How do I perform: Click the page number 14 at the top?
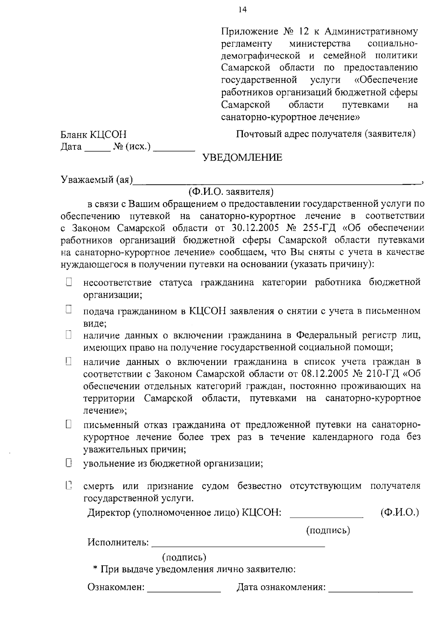coord(243,10)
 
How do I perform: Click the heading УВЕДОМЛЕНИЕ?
coord(242,158)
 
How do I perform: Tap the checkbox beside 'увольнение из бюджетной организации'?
coord(69,463)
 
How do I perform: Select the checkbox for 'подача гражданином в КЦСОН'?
coord(69,309)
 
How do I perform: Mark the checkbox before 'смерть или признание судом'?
coord(69,485)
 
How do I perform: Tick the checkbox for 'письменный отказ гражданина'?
coord(69,424)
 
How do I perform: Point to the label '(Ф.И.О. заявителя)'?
coord(231,192)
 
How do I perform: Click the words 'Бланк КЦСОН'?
coord(93,134)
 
